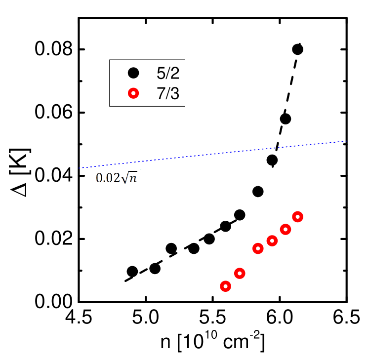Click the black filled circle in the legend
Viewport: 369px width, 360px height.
pyautogui.click(x=133, y=73)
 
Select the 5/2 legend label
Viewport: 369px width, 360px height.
pyautogui.click(x=167, y=74)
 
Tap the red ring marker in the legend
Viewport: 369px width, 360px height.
pyautogui.click(x=133, y=93)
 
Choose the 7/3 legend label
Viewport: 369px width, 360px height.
pyautogui.click(x=167, y=93)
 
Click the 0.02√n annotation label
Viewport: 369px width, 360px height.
pyautogui.click(x=118, y=178)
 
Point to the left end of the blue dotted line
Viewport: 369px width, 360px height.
pyautogui.click(x=80, y=168)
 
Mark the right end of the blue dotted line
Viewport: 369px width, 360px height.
pyautogui.click(x=346, y=141)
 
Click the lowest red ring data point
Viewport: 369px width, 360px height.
pyautogui.click(x=225, y=286)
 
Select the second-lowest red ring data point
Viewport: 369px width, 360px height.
pyautogui.click(x=240, y=273)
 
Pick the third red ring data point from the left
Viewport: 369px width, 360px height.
pyautogui.click(x=258, y=248)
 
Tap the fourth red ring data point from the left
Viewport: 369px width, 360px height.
pyautogui.click(x=272, y=240)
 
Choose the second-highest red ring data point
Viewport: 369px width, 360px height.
pyautogui.click(x=286, y=229)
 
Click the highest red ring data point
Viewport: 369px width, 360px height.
pyautogui.click(x=297, y=216)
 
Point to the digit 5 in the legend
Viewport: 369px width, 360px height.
pyautogui.click(x=161, y=74)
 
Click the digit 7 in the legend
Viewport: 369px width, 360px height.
pyautogui.click(x=161, y=93)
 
